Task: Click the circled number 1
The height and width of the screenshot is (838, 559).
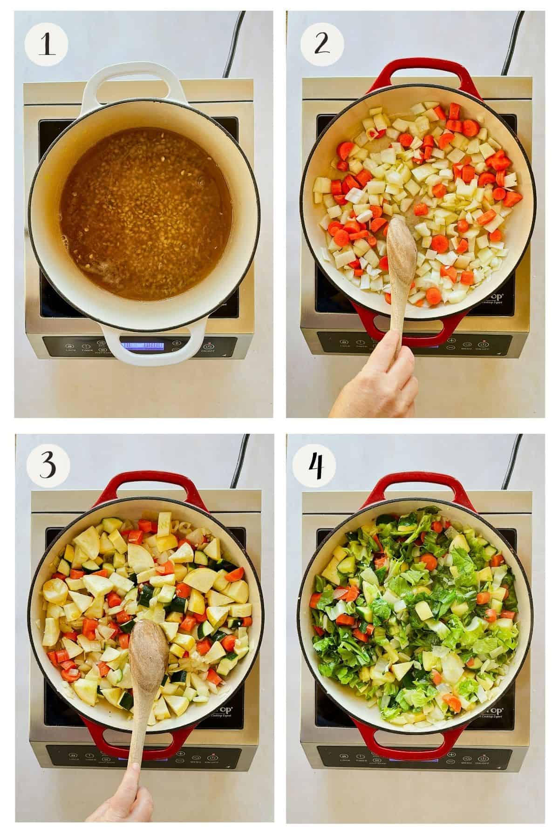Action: tap(46, 47)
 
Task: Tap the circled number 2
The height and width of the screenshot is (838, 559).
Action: tap(321, 47)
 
